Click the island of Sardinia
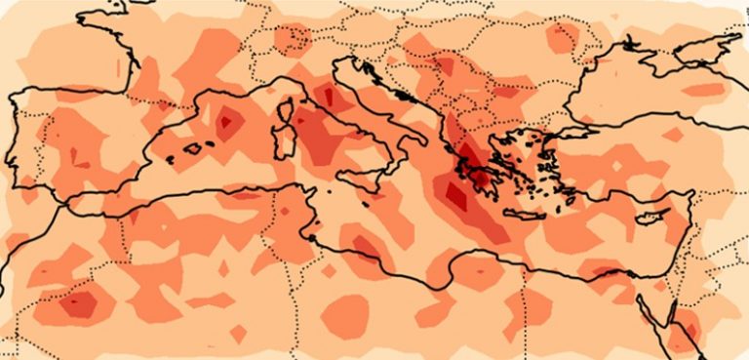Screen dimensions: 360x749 pos(284,143)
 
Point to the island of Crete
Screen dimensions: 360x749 pos(528,215)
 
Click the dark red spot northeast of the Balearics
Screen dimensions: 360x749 pos(227,123)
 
